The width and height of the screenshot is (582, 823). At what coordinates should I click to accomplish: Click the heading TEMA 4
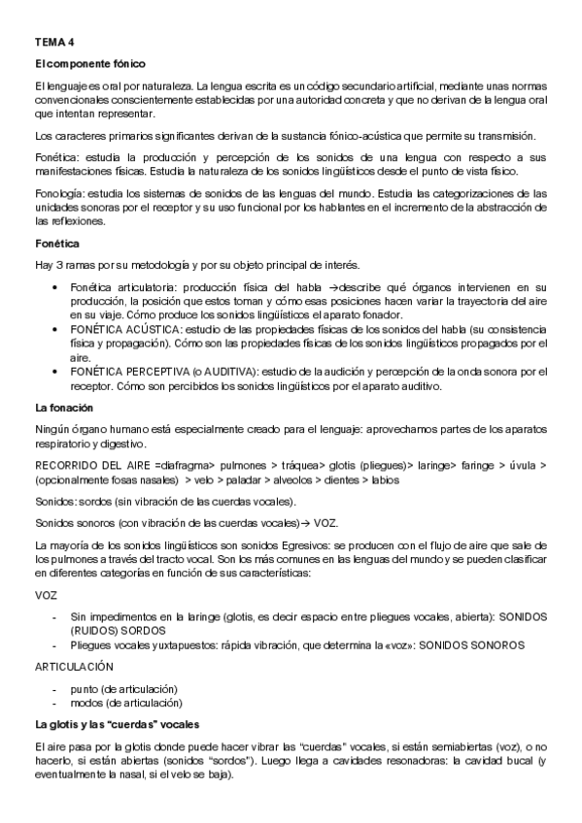point(53,44)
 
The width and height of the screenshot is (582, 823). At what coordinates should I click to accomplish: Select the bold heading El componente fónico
point(89,64)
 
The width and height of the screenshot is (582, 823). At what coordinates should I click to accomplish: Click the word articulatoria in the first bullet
point(149,287)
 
